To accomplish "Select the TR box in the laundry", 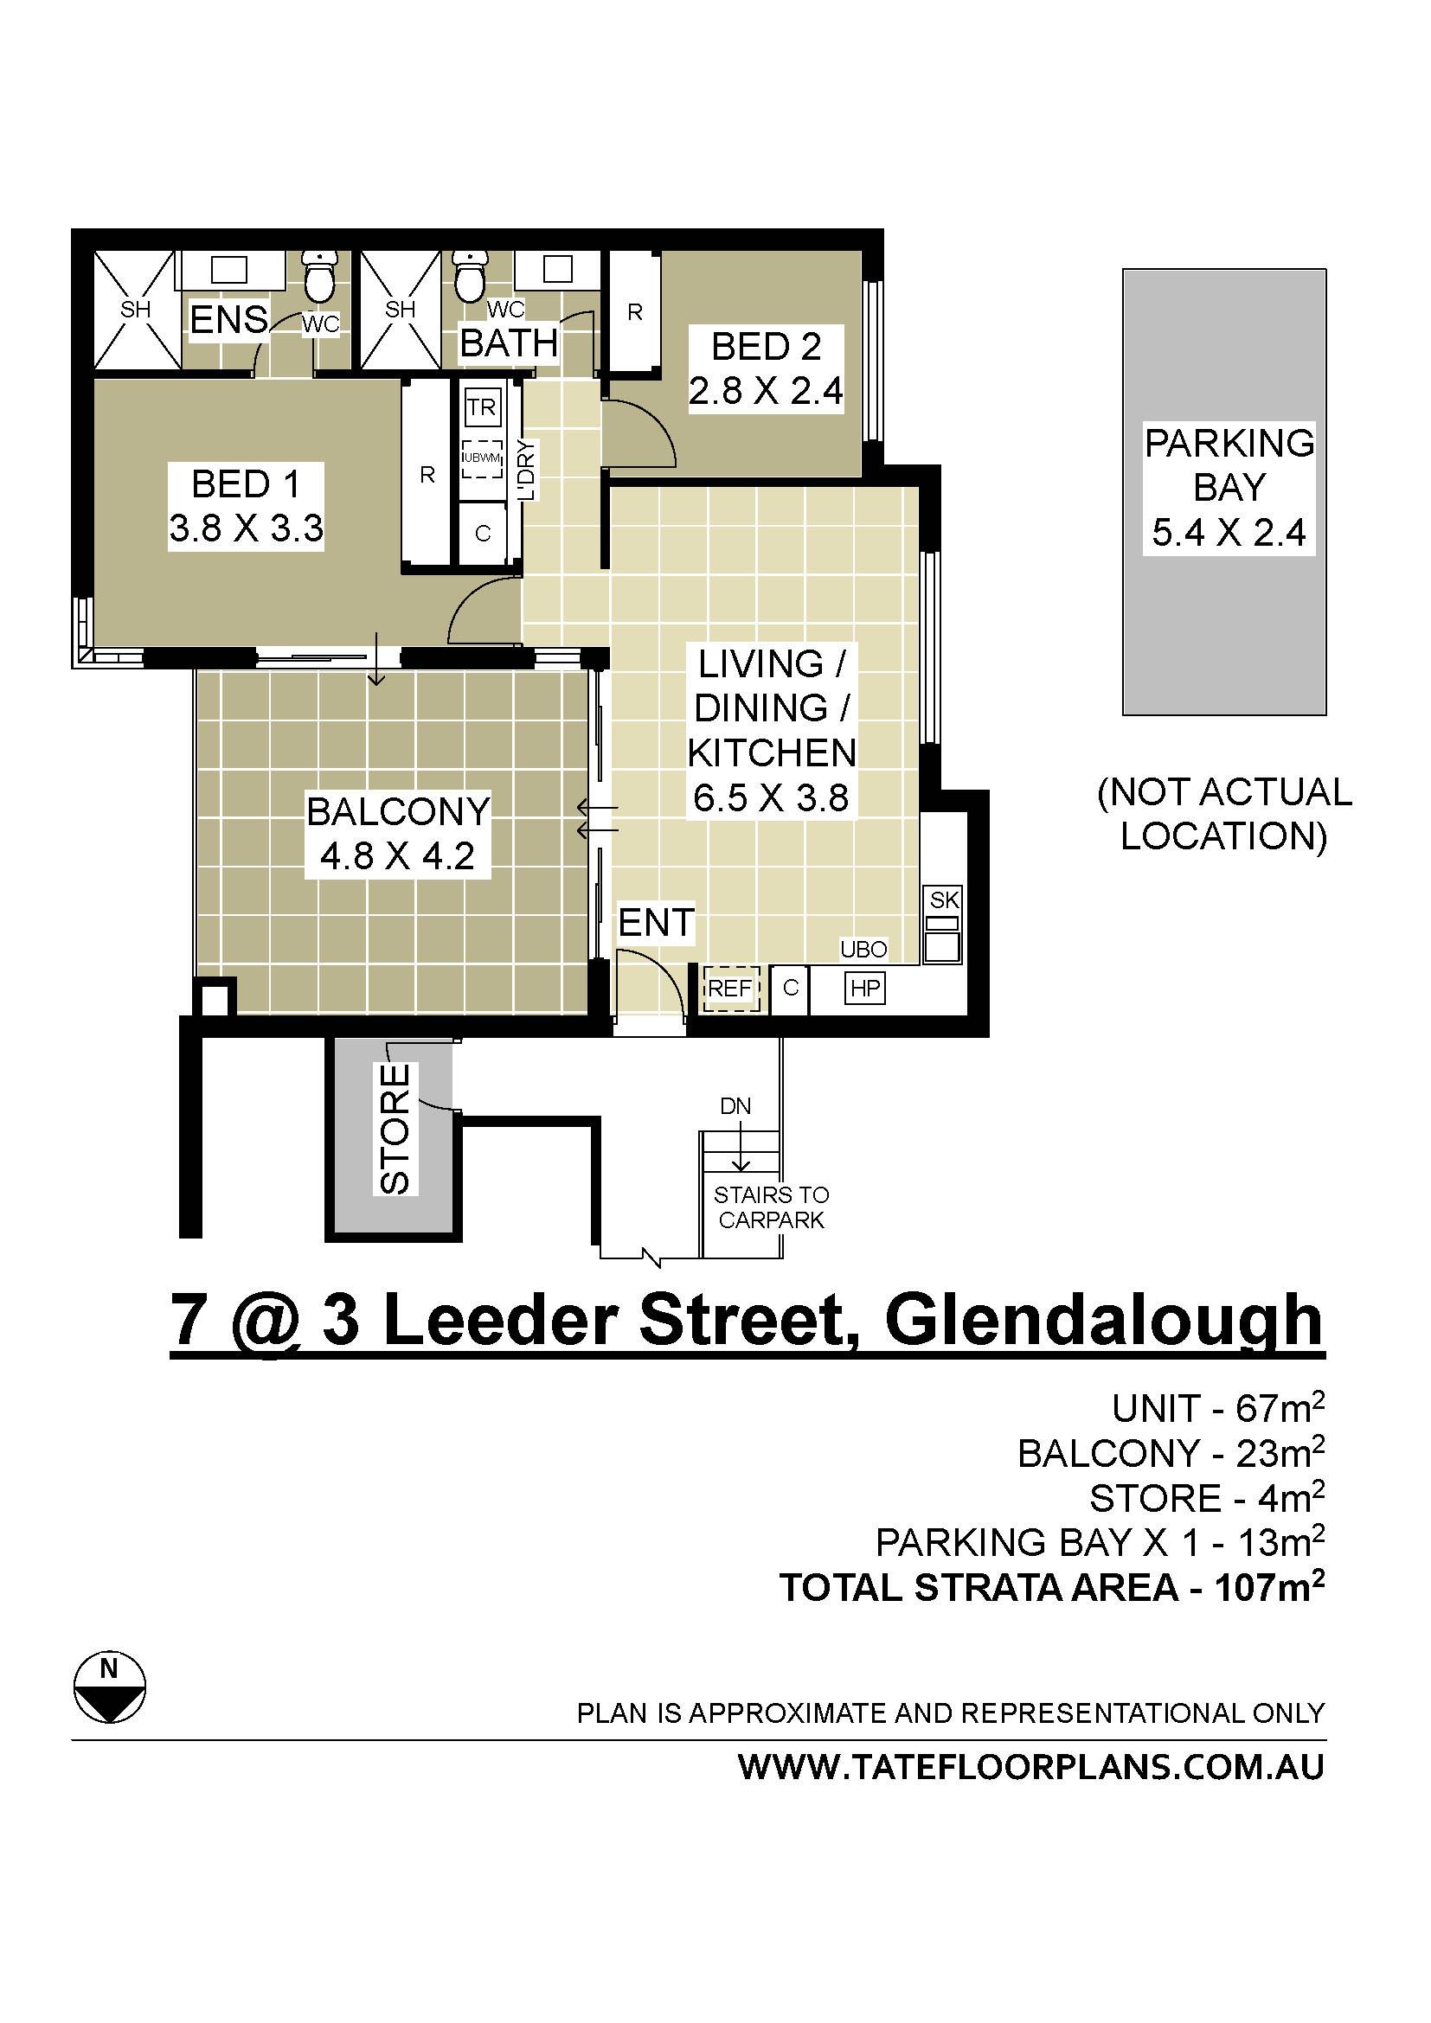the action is coord(481,407).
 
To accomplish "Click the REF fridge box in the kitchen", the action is coord(730,989).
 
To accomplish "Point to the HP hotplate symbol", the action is coord(864,989).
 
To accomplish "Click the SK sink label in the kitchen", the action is coord(944,899).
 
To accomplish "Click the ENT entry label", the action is coord(656,923).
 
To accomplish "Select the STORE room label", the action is coord(395,1129).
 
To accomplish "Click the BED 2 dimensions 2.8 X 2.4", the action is coord(766,390).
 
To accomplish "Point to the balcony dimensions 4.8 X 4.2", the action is coord(397,855).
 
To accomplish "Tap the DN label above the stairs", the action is coord(735,1106).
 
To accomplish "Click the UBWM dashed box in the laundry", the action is coord(482,458).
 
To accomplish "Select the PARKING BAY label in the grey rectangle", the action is coord(1229,464).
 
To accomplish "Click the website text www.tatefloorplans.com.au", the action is coord(1031,1768).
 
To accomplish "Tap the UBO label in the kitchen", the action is coord(863,949).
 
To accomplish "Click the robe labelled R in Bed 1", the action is coord(427,476).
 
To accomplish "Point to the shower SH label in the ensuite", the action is coord(136,310).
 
